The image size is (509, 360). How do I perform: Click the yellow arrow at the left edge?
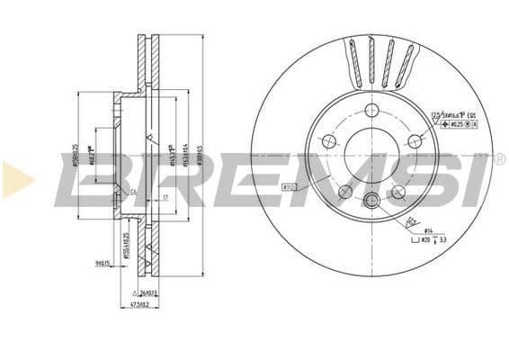pos(17,180)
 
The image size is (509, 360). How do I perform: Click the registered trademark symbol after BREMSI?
pos(499,159)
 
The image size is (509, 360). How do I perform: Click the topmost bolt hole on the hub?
pos(370,111)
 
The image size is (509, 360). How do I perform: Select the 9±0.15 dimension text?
pos(101,264)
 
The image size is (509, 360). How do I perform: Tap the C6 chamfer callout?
pos(133,190)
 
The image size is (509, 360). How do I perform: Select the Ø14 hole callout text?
pos(429,232)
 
